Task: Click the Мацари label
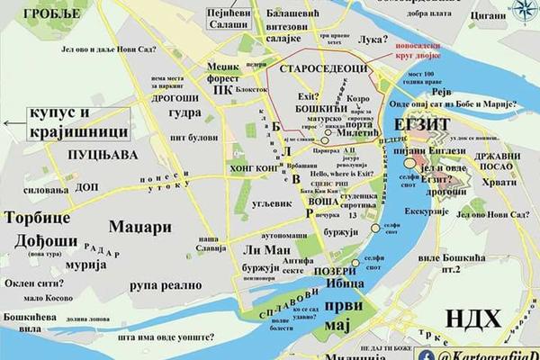(139, 227)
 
